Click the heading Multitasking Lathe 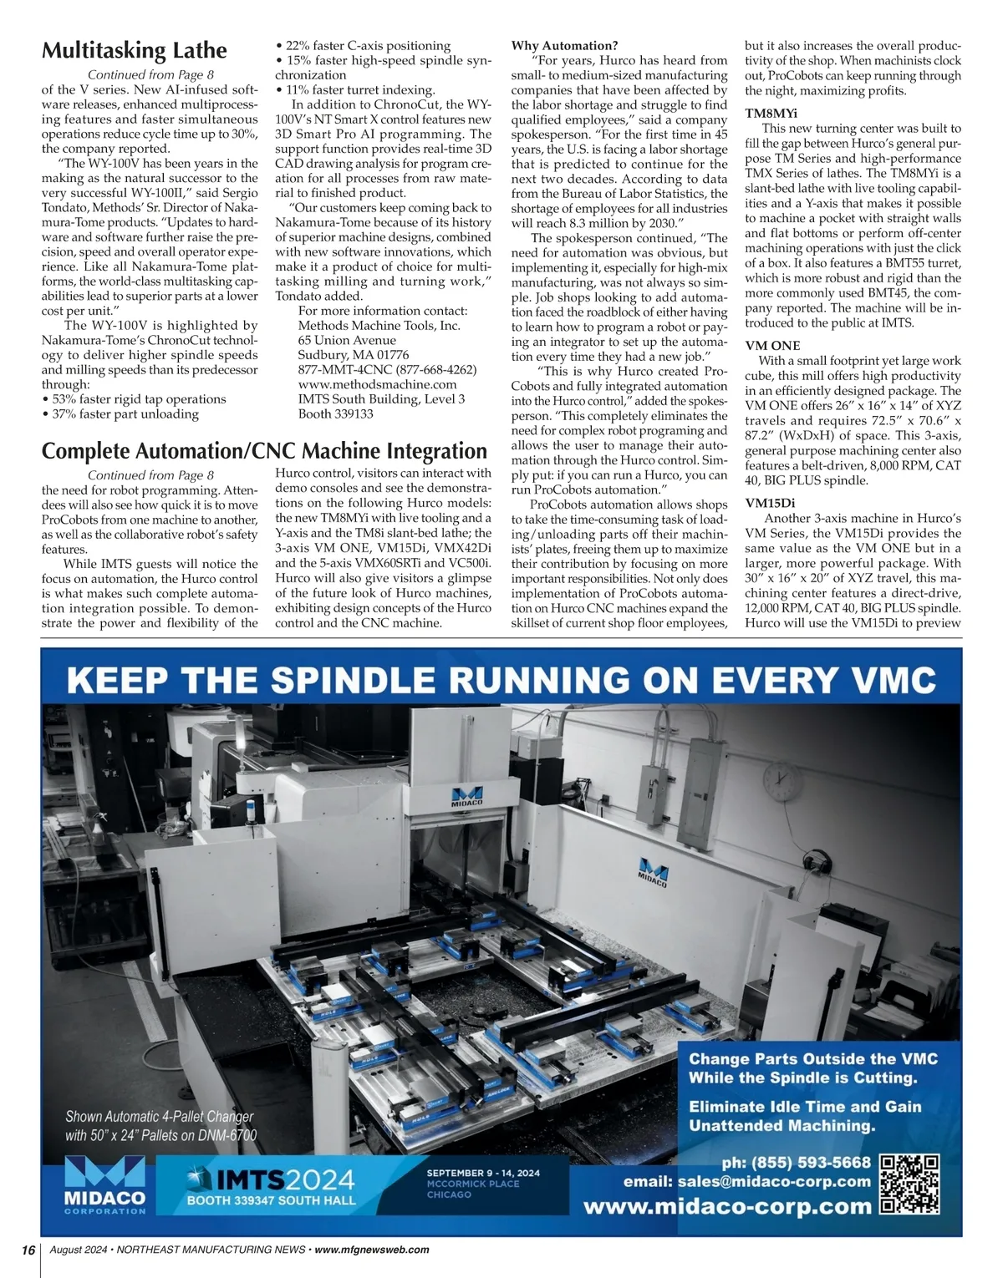point(135,51)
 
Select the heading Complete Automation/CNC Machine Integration point(264,451)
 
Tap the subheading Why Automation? point(564,45)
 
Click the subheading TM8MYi point(771,113)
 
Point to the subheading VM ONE point(772,345)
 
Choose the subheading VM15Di point(770,503)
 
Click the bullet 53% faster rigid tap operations point(134,399)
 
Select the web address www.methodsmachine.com point(377,384)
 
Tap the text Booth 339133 point(335,413)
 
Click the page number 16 point(28,1250)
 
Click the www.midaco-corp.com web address point(726,1206)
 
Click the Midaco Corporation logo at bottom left point(104,1185)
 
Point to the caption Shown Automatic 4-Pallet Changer point(160,1117)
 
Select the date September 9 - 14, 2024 point(483,1173)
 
